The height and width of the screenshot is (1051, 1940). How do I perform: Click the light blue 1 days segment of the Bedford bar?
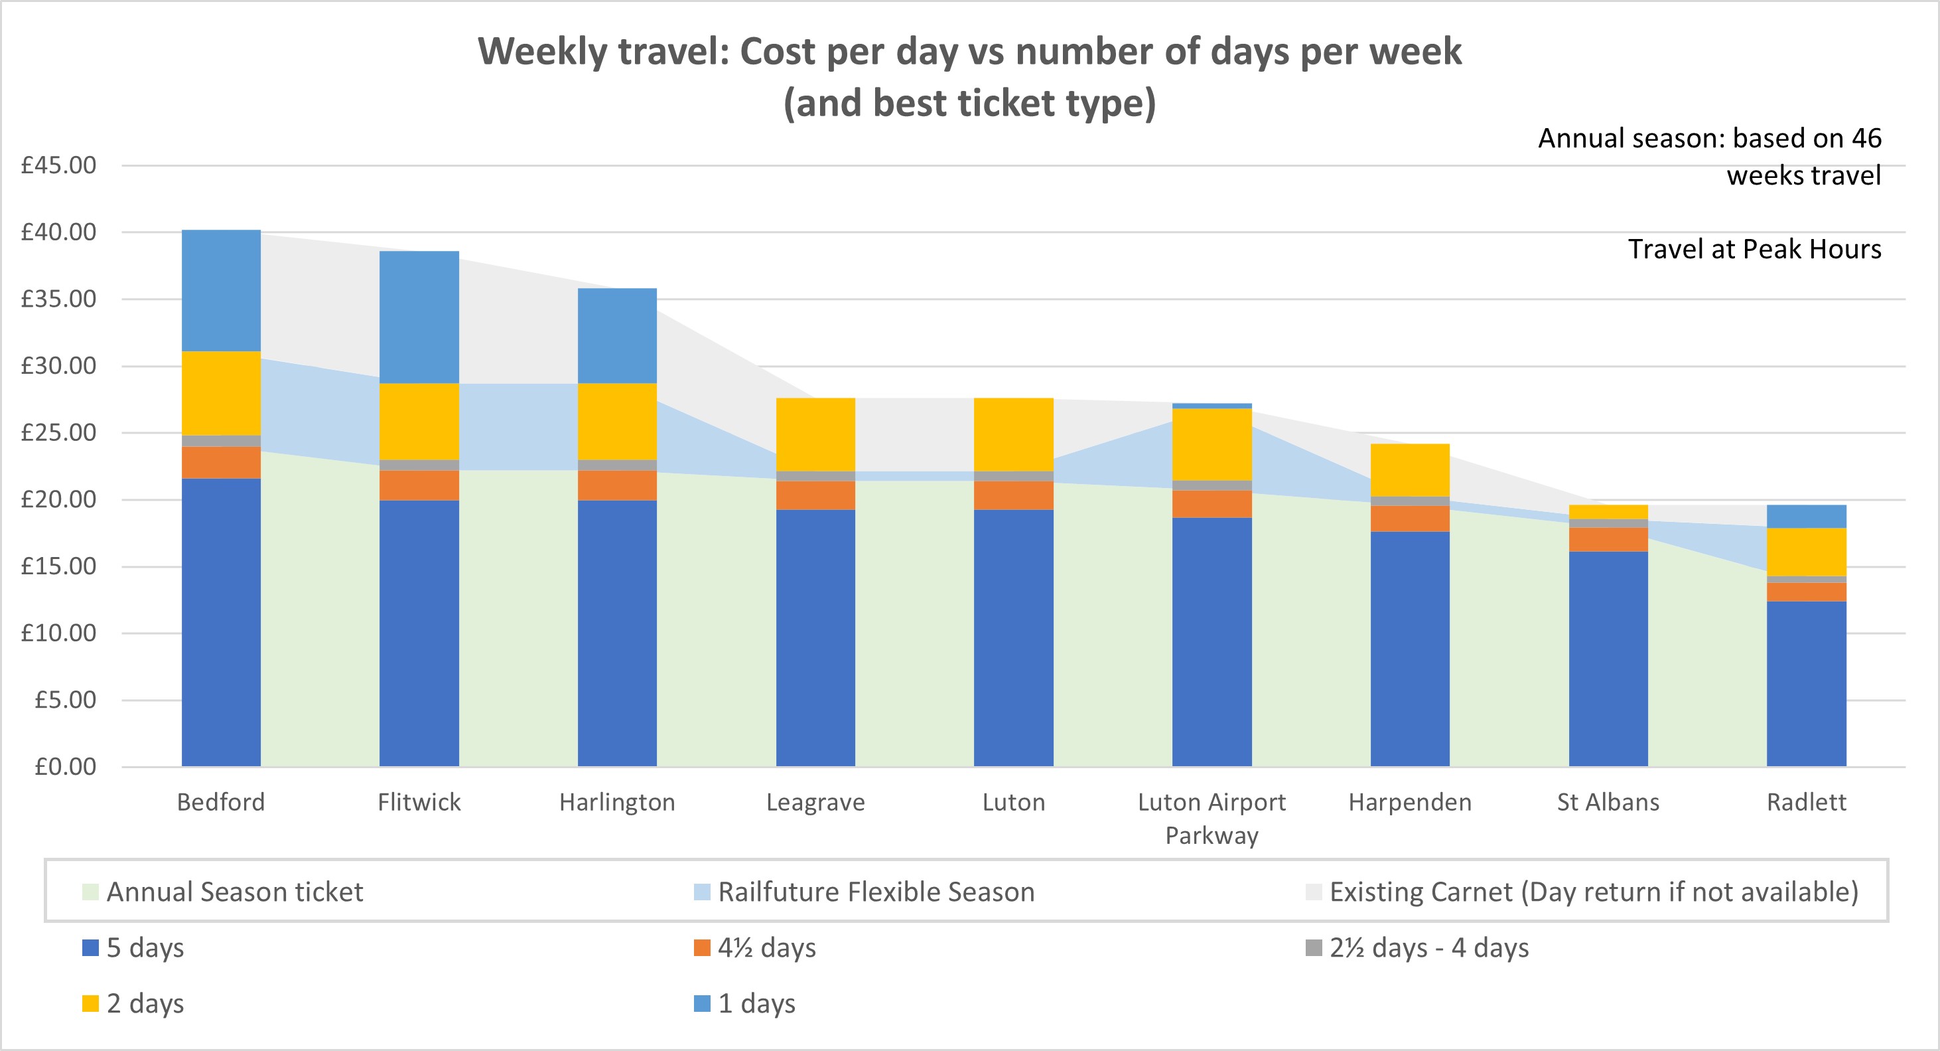221,290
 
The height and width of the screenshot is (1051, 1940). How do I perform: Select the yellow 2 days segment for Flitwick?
419,421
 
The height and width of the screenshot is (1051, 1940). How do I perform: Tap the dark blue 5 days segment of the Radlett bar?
1806,683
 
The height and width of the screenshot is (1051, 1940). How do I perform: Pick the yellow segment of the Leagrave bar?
815,434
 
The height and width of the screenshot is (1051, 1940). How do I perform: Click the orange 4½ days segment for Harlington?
617,485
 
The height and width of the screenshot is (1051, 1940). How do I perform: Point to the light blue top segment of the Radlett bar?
1806,516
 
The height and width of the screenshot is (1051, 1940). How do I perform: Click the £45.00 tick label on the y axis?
59,165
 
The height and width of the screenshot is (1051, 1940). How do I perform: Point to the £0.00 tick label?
66,766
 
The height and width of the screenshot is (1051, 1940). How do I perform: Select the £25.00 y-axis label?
59,432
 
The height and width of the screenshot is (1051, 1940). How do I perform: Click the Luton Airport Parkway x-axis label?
1212,818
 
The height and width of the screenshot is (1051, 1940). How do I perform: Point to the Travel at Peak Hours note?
1754,250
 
